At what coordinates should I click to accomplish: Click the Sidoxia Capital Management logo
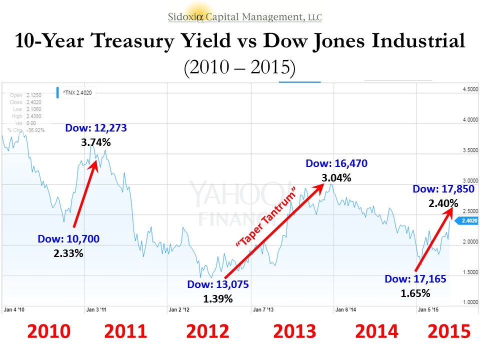pyautogui.click(x=245, y=16)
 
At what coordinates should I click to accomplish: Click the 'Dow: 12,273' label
pyautogui.click(x=96, y=128)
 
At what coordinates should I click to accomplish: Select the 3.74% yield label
pyautogui.click(x=96, y=142)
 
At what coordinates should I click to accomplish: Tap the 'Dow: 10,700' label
pyautogui.click(x=68, y=239)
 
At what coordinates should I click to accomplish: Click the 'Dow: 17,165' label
pyautogui.click(x=415, y=279)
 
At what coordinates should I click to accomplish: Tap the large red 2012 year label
pyautogui.click(x=207, y=331)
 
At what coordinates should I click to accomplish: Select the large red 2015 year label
pyautogui.click(x=449, y=331)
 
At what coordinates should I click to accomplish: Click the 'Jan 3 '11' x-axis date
pyautogui.click(x=96, y=309)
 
